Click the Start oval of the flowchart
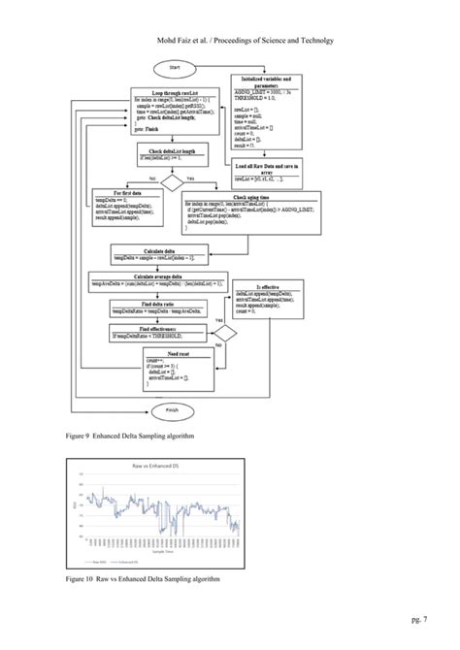pyautogui.click(x=175, y=67)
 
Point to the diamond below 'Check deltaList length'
pyautogui.click(x=172, y=181)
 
